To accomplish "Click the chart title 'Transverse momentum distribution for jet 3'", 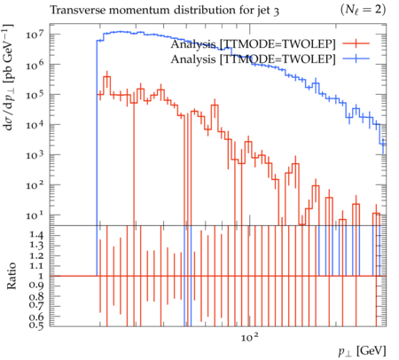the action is click(x=164, y=11).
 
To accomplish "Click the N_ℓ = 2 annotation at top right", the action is click(x=363, y=10).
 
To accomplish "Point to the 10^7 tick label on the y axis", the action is click(x=35, y=35).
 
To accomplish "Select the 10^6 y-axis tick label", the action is click(x=35, y=65).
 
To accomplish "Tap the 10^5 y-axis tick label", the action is click(x=35, y=95).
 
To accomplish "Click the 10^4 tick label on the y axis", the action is click(x=35, y=125).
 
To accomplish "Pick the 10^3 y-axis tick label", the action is click(x=35, y=155).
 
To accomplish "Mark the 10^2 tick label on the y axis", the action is click(x=35, y=185).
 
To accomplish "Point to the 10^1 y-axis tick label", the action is click(x=35, y=215).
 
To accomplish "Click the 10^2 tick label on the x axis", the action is click(x=250, y=336).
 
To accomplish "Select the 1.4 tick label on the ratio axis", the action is click(x=36, y=236).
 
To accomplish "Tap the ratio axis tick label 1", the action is click(x=41, y=276).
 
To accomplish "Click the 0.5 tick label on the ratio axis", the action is click(x=36, y=325).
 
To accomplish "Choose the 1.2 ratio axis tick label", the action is click(x=36, y=255).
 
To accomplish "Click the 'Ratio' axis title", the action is click(x=12, y=276).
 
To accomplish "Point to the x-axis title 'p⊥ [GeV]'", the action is click(x=363, y=351).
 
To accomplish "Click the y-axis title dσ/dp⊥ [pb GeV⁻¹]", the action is click(x=8, y=77).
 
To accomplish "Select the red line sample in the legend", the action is click(x=356, y=43).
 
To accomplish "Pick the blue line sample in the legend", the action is click(x=356, y=59).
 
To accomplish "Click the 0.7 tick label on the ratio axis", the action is click(x=36, y=305).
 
